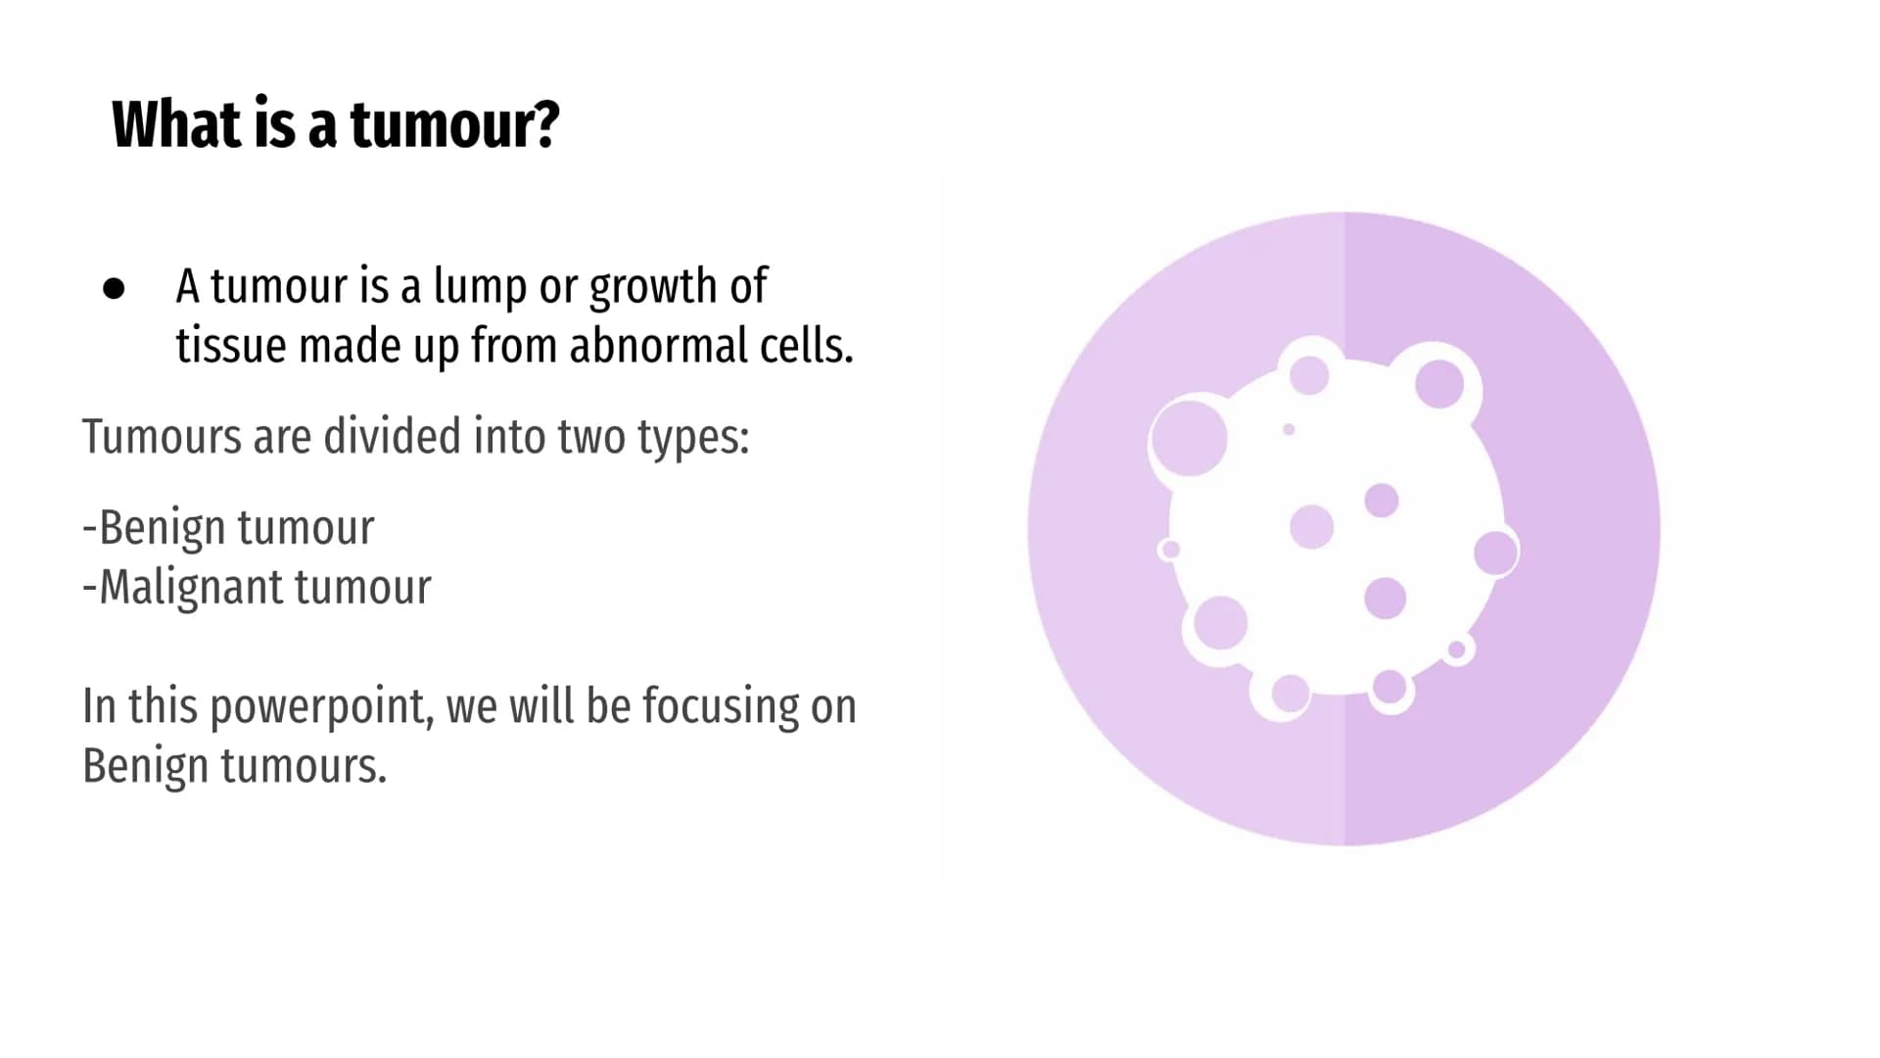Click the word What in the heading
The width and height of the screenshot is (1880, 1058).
[176, 124]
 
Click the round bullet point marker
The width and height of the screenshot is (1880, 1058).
[114, 288]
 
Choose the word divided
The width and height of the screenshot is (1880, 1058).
[393, 437]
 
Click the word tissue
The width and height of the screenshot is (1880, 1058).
[232, 346]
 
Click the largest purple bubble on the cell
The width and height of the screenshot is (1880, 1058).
[1189, 438]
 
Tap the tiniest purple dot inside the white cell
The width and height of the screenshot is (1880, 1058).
[1289, 430]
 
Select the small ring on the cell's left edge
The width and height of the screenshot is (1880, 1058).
[1169, 550]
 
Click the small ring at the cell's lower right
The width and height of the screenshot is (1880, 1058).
[1457, 649]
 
